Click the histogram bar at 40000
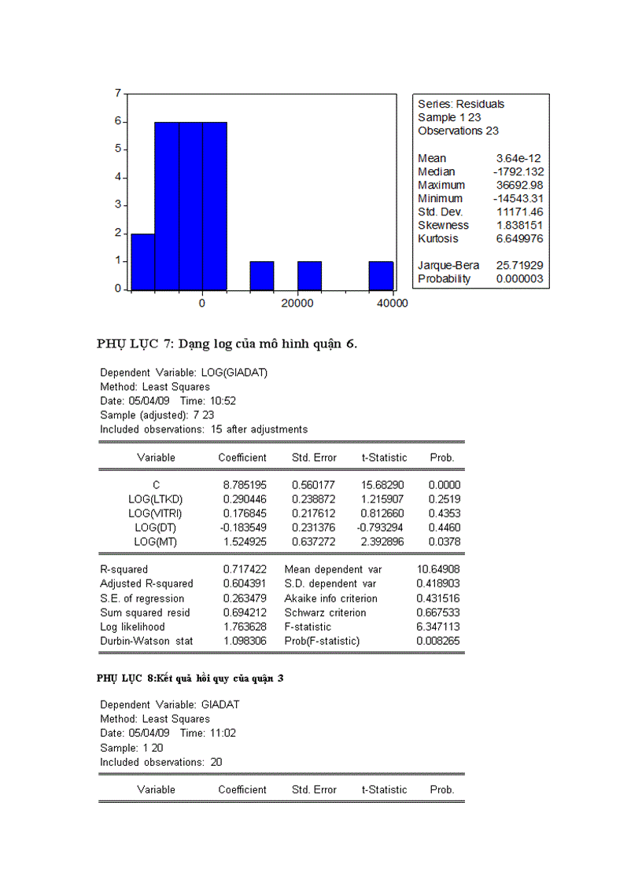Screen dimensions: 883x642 pyautogui.click(x=381, y=275)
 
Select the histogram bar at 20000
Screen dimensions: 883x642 pyautogui.click(x=309, y=275)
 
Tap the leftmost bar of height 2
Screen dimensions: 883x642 pyautogui.click(x=142, y=261)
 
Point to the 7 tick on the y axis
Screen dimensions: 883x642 pyautogui.click(x=117, y=94)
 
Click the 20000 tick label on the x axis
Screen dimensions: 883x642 pyautogui.click(x=297, y=304)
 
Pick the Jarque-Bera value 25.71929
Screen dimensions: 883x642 pyautogui.click(x=519, y=266)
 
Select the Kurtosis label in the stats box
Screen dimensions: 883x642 pyautogui.click(x=437, y=238)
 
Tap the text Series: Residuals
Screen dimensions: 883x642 pyautogui.click(x=461, y=104)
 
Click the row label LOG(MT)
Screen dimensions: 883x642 pyautogui.click(x=156, y=542)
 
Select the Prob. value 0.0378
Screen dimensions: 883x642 pyautogui.click(x=445, y=542)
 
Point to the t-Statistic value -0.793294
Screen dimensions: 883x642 pyautogui.click(x=382, y=528)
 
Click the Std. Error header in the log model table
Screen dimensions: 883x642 pyautogui.click(x=314, y=458)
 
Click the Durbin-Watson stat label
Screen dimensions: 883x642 pyautogui.click(x=146, y=641)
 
